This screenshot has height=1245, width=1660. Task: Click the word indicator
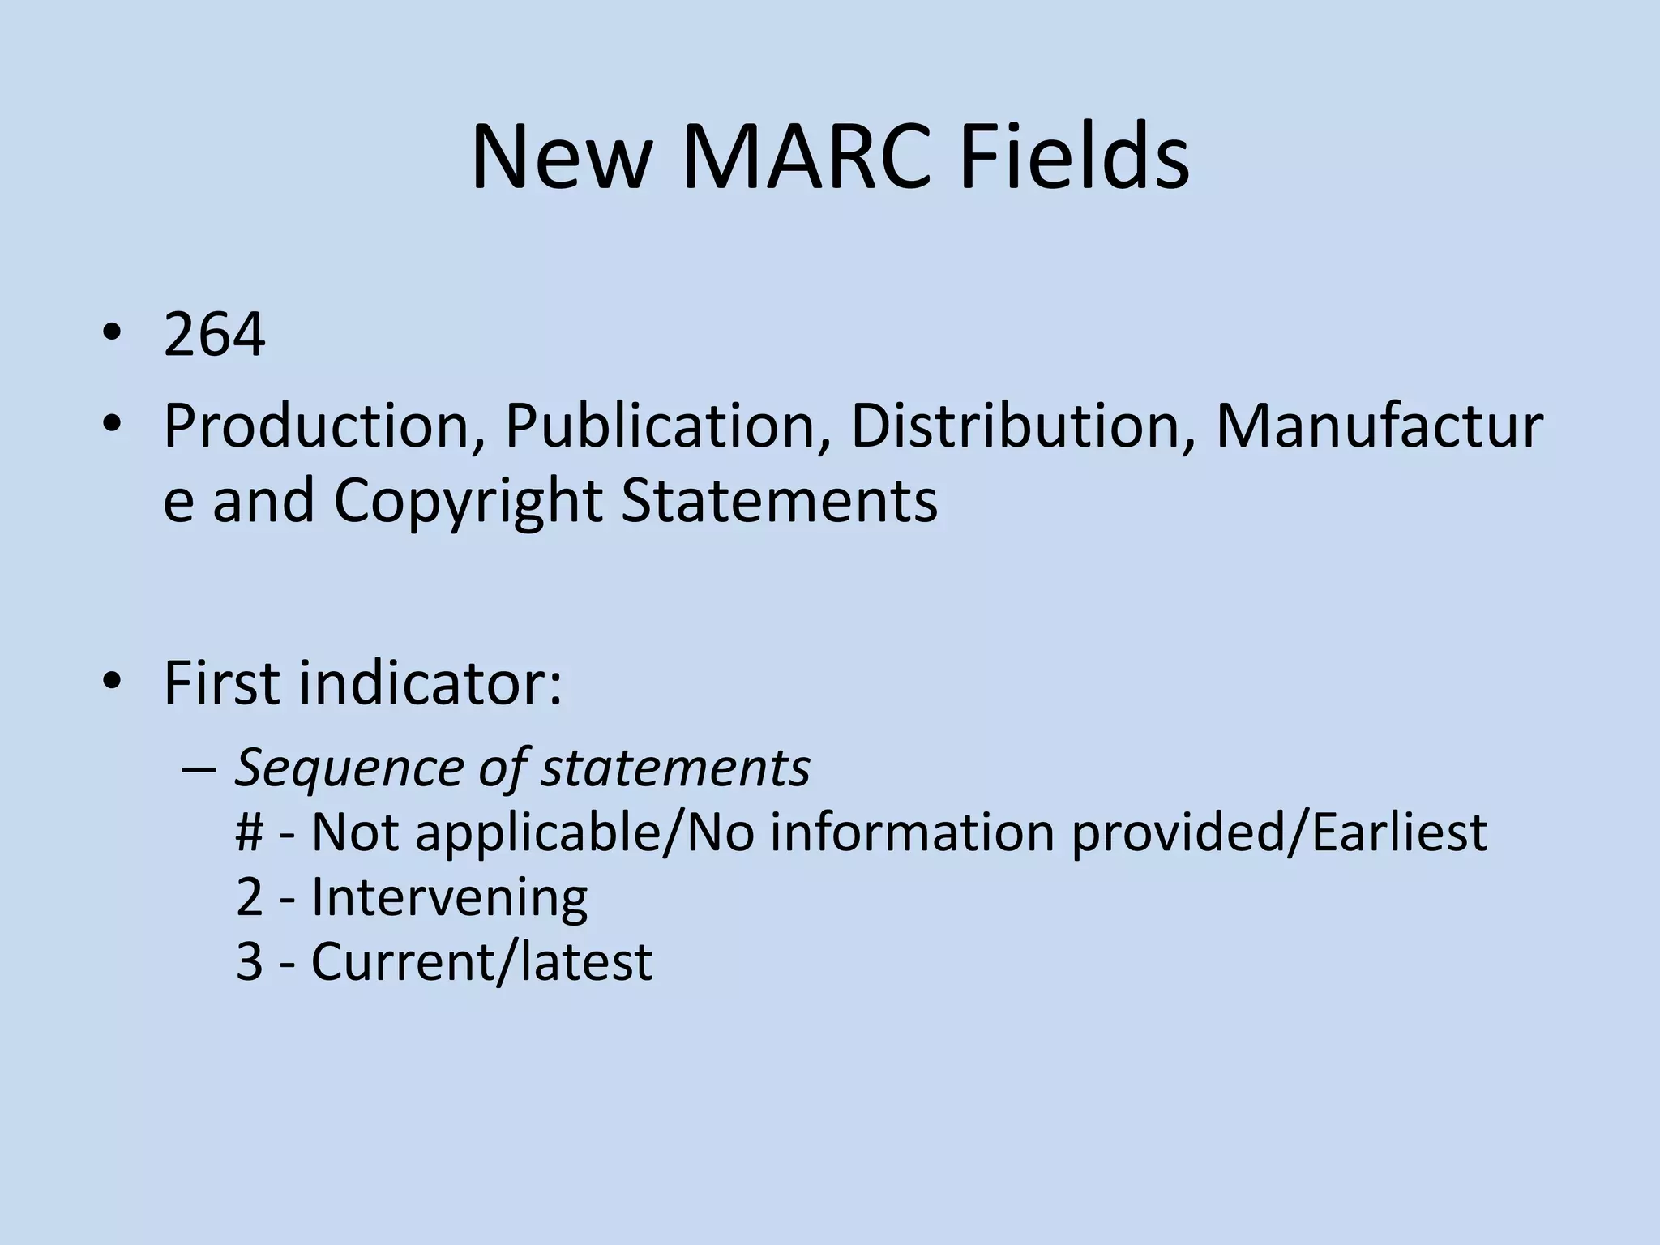pos(430,682)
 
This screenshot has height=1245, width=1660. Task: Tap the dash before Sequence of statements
pos(199,768)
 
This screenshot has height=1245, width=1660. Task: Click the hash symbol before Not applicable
pos(250,832)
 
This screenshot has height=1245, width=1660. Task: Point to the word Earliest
pos(1399,832)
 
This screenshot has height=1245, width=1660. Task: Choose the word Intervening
pos(449,898)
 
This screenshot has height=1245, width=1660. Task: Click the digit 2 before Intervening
pos(250,898)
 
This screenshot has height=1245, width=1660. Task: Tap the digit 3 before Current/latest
pos(250,962)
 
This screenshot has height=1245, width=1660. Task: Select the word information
pos(911,832)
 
